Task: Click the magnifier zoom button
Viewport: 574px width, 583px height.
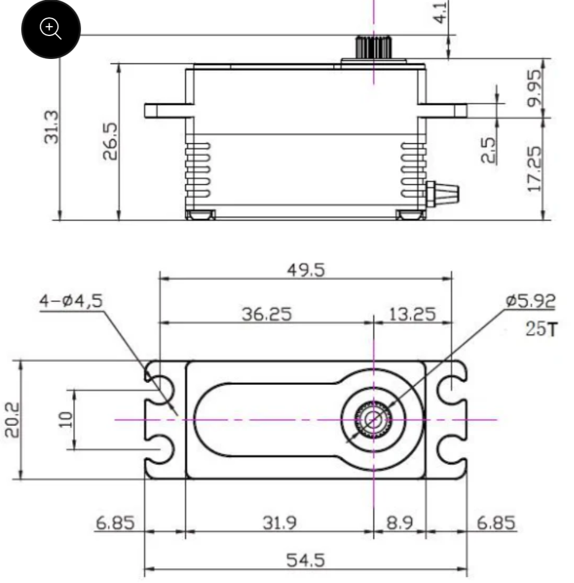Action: click(51, 29)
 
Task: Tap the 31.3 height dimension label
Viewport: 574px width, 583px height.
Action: click(52, 127)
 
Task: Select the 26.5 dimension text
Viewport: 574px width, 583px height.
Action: click(110, 142)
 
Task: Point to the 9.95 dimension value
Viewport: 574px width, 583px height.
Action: click(535, 88)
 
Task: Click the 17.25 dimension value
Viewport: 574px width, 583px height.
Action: click(535, 169)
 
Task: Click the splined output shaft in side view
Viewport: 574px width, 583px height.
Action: click(373, 47)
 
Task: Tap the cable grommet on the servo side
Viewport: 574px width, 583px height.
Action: click(442, 194)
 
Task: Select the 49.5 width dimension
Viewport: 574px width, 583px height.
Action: click(306, 270)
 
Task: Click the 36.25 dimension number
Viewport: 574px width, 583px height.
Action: click(266, 314)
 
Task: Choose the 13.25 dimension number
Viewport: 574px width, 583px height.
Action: click(412, 314)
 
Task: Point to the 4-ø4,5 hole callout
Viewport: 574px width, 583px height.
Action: click(71, 301)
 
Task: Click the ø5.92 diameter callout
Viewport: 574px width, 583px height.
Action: click(531, 301)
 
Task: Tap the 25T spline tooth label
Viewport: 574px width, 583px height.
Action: click(542, 329)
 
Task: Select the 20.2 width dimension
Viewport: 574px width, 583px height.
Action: click(12, 420)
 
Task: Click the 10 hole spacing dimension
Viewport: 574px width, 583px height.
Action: click(65, 420)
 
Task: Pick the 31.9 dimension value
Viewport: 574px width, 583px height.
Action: click(280, 523)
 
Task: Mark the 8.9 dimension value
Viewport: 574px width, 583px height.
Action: click(400, 523)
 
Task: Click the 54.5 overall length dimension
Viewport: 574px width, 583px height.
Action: click(306, 560)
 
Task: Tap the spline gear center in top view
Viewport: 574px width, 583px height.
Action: click(373, 420)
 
